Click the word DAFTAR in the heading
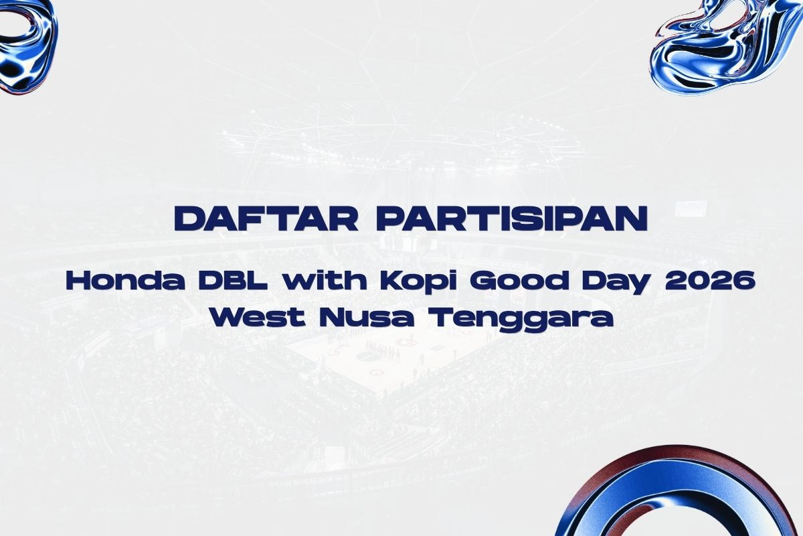(x=266, y=218)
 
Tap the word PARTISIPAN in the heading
(x=511, y=218)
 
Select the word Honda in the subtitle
(x=126, y=280)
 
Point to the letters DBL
(x=234, y=280)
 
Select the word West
(x=258, y=317)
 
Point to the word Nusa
(x=366, y=317)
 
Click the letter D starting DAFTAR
(x=189, y=218)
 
